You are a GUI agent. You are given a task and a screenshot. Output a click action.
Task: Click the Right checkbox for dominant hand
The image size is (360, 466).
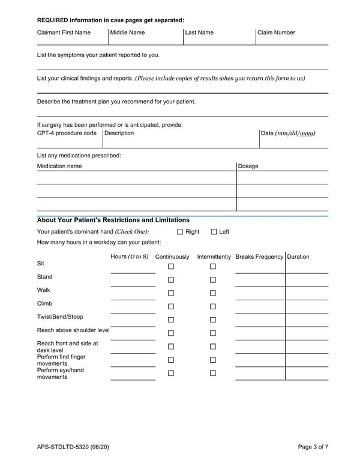click(x=180, y=232)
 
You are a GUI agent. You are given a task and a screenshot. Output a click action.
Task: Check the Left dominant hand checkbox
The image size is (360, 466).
click(x=214, y=232)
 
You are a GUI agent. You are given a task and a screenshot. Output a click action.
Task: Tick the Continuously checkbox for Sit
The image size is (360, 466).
click(x=171, y=267)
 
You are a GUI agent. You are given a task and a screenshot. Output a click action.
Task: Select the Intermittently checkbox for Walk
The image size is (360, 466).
click(x=213, y=293)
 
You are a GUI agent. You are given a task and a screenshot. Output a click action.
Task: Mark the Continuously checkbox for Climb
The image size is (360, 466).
click(x=171, y=307)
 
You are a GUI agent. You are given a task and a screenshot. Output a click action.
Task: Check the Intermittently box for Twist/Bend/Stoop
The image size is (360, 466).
click(x=213, y=320)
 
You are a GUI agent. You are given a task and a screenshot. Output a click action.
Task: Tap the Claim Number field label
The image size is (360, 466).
click(x=276, y=32)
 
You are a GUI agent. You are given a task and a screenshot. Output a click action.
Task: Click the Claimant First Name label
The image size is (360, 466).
click(x=64, y=32)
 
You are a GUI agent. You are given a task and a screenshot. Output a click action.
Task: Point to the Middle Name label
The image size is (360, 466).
click(x=127, y=32)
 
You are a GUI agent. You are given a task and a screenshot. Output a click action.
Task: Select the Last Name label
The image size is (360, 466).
click(x=199, y=32)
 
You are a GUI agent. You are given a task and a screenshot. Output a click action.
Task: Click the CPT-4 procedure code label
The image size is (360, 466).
click(x=67, y=133)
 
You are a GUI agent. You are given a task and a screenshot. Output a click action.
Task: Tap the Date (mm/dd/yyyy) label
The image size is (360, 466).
click(x=288, y=133)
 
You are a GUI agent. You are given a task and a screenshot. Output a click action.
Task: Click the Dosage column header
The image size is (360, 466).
click(x=248, y=166)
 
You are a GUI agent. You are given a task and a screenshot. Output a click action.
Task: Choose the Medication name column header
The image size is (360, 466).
click(x=59, y=166)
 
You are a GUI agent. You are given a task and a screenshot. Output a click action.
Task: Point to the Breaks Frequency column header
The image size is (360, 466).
click(x=259, y=257)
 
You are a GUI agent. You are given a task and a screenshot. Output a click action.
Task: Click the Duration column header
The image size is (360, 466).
click(x=298, y=257)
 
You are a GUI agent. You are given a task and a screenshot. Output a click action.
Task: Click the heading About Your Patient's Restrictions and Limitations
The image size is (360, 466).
click(x=113, y=220)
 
